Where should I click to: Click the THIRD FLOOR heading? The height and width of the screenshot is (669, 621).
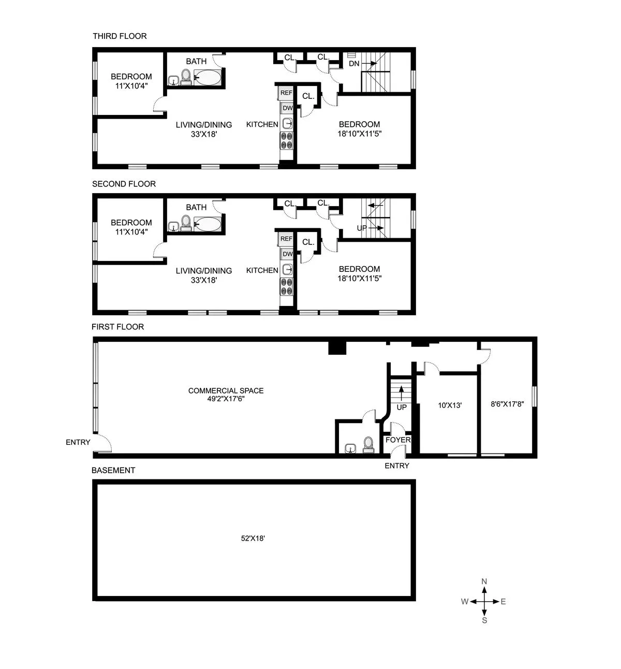120,36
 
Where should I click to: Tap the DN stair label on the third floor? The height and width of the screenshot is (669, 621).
354,64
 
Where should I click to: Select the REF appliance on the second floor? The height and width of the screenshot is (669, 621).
286,239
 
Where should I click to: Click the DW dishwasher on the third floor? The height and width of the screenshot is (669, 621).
288,108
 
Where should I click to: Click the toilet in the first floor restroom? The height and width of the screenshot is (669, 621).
368,444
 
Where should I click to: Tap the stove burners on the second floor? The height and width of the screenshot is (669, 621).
286,286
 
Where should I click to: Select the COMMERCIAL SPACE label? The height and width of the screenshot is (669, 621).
226,390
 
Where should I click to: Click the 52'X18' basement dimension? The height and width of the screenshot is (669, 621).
253,538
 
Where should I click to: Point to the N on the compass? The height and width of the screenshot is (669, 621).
484,581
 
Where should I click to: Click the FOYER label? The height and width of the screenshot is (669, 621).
398,440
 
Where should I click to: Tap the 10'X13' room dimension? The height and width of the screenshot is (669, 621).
450,405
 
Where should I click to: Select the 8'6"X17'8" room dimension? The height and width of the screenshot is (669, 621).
507,404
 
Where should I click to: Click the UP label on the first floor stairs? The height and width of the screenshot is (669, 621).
402,407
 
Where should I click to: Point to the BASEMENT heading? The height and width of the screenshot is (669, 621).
113,470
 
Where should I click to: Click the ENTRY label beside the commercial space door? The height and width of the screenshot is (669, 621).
78,442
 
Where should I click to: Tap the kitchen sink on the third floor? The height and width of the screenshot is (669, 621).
288,123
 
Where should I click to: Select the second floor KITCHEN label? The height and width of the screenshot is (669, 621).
262,270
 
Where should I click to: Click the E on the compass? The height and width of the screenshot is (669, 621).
503,601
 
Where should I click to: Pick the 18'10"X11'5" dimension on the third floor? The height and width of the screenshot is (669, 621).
359,134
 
